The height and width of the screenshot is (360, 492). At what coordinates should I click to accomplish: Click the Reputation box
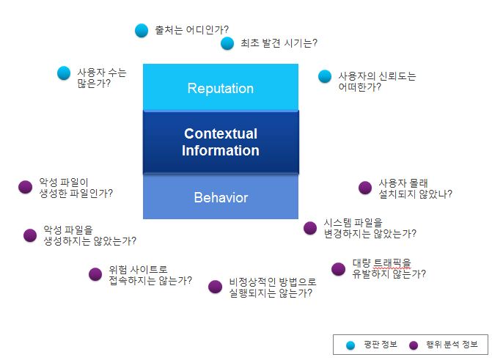220,88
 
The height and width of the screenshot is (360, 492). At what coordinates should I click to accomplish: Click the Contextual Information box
220,142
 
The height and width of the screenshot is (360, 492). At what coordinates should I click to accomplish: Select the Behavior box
220,197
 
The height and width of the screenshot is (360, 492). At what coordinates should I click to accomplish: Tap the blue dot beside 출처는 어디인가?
142,30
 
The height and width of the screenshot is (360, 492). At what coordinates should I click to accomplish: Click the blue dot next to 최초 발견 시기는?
227,43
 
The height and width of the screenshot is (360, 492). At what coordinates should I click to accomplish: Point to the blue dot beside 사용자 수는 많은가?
64,73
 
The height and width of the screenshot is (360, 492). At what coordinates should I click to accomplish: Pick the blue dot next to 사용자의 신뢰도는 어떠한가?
325,76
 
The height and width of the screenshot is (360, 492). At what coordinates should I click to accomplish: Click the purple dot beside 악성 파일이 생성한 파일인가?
25,187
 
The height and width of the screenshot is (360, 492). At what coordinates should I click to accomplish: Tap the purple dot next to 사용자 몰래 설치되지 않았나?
364,188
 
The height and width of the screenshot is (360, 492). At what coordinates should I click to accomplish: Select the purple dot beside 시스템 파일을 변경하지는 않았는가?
310,227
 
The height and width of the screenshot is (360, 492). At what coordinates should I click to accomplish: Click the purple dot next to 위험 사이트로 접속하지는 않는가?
95,273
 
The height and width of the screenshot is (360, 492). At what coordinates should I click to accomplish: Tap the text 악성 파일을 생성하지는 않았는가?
89,235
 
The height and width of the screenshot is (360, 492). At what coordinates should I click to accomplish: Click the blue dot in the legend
350,345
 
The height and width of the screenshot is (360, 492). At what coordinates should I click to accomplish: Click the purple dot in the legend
414,345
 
